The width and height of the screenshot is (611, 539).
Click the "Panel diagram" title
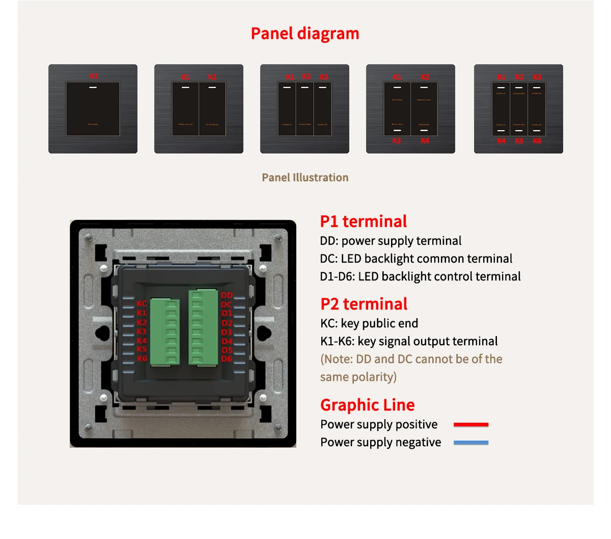(305, 34)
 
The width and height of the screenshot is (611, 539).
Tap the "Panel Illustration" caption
(305, 177)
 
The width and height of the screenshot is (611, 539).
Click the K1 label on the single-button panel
(94, 76)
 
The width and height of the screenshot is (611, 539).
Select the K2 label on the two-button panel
(212, 77)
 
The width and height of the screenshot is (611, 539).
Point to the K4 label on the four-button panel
(425, 141)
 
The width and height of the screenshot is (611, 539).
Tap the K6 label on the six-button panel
(537, 141)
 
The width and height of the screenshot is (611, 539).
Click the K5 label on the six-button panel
(519, 141)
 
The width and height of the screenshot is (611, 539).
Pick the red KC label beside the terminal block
(142, 303)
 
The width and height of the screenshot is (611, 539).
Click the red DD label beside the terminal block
(227, 295)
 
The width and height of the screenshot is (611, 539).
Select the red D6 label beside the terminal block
(227, 359)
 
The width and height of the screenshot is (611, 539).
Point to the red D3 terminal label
(227, 332)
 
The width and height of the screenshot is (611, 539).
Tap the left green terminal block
(164, 331)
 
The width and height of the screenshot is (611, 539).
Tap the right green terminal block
(203, 327)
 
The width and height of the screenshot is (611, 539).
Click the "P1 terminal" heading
(364, 221)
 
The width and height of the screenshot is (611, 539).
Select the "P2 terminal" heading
(364, 304)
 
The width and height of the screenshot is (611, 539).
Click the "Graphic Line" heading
(368, 405)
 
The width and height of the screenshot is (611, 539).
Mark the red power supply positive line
(471, 425)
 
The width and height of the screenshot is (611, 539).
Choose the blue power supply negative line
(471, 443)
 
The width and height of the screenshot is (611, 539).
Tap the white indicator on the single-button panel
(93, 88)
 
